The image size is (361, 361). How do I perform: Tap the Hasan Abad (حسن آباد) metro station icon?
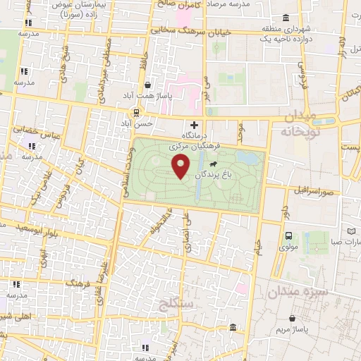click(x=136, y=112)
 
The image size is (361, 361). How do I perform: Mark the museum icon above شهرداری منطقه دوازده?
click(x=285, y=18)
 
